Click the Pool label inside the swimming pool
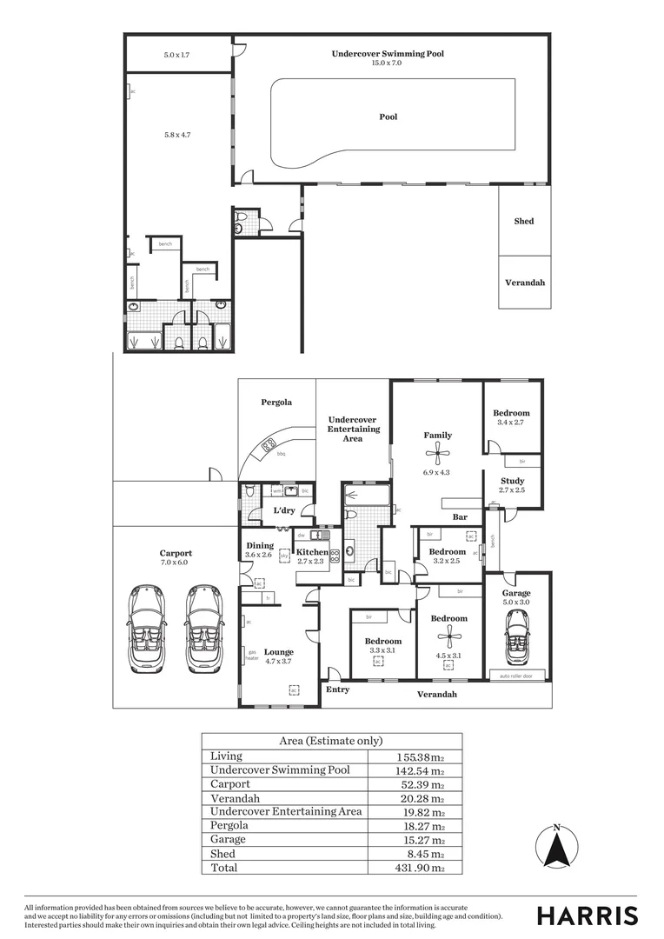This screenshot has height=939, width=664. (x=388, y=117)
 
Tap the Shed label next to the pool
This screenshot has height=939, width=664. (x=524, y=222)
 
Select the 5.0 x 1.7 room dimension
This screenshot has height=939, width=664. (x=176, y=56)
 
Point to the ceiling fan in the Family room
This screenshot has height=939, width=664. (x=438, y=451)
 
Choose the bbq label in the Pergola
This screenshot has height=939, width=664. (x=281, y=454)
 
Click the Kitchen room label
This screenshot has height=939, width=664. (x=312, y=552)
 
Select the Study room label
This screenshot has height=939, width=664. (x=512, y=481)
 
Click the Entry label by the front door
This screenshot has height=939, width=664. (x=337, y=689)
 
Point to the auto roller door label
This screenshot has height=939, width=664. (x=517, y=676)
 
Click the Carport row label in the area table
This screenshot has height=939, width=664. (x=230, y=784)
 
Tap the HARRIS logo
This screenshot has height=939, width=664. (x=587, y=916)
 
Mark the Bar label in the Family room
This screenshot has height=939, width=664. (x=460, y=517)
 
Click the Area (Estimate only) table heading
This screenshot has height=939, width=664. (x=331, y=741)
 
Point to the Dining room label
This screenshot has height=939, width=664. (x=259, y=545)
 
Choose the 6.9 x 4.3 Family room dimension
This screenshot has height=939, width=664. (x=438, y=472)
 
